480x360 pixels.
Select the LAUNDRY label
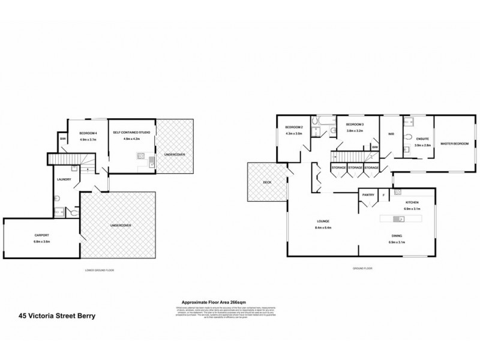tap(64, 179)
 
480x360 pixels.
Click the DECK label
tap(268, 182)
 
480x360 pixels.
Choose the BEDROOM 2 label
tap(293, 127)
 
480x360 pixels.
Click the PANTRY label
tap(368, 194)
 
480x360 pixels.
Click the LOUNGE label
tap(322, 221)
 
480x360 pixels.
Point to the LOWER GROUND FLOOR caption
tap(100, 271)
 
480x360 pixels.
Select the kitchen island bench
tap(405, 218)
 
